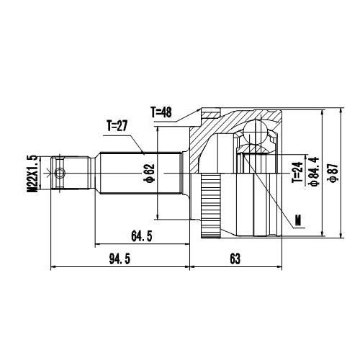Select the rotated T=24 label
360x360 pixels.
(296, 172)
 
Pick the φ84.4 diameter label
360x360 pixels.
(313, 173)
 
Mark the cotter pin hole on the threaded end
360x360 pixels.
(60, 173)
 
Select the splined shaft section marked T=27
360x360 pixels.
(137, 173)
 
